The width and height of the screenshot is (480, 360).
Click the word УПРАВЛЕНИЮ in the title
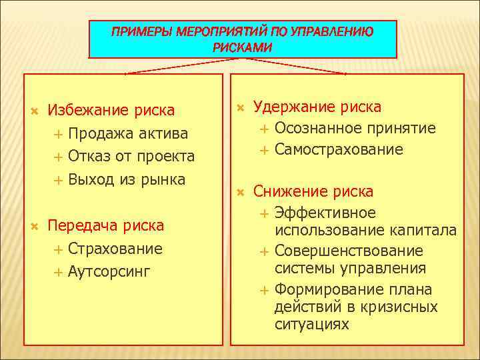tap(332, 32)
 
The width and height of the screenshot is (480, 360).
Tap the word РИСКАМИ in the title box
tap(243, 47)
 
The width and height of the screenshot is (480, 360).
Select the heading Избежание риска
tap(111, 110)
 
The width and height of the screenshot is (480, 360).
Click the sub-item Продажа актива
tap(128, 133)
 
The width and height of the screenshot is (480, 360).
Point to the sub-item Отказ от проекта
tap(131, 157)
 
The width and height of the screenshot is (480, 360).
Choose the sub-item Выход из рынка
tap(127, 179)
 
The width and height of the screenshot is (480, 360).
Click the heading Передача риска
tap(105, 226)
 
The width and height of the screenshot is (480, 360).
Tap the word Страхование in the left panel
tap(115, 249)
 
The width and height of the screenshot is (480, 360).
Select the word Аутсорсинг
tap(109, 271)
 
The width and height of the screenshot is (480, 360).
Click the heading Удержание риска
tap(317, 107)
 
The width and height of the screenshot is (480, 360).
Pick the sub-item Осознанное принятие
tap(355, 128)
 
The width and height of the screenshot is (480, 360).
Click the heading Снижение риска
tap(313, 192)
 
